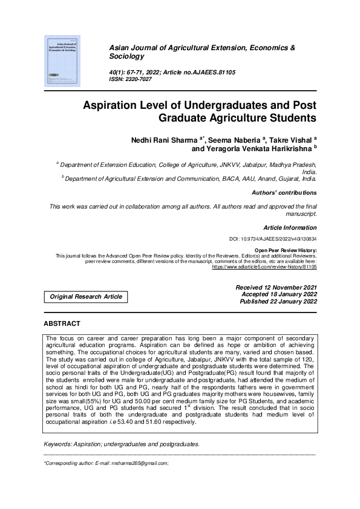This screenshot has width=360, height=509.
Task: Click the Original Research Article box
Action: pyautogui.click(x=85, y=297)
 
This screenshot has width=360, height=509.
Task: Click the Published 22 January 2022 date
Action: pyautogui.click(x=278, y=301)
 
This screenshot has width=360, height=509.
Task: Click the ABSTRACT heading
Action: pyautogui.click(x=62, y=324)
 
